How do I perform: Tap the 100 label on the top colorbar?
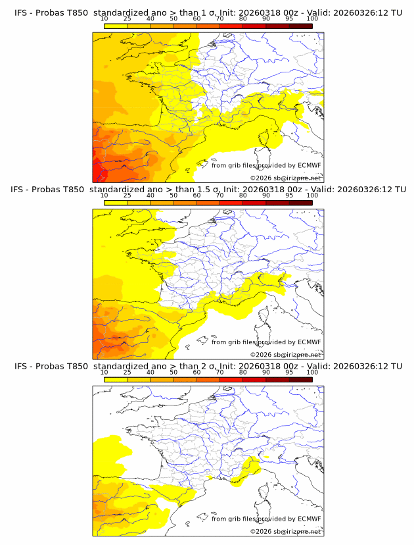(x=312, y=18)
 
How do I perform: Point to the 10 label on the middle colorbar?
(x=104, y=195)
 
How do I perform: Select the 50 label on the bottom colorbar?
(x=173, y=373)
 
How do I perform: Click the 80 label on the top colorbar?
(x=243, y=18)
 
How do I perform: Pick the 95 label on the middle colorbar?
(x=289, y=195)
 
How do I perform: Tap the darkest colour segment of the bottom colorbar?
(x=300, y=379)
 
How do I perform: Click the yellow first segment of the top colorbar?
(x=115, y=26)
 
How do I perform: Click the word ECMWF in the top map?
(x=310, y=165)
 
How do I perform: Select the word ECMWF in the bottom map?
(x=310, y=519)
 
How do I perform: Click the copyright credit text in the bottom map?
(x=285, y=531)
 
